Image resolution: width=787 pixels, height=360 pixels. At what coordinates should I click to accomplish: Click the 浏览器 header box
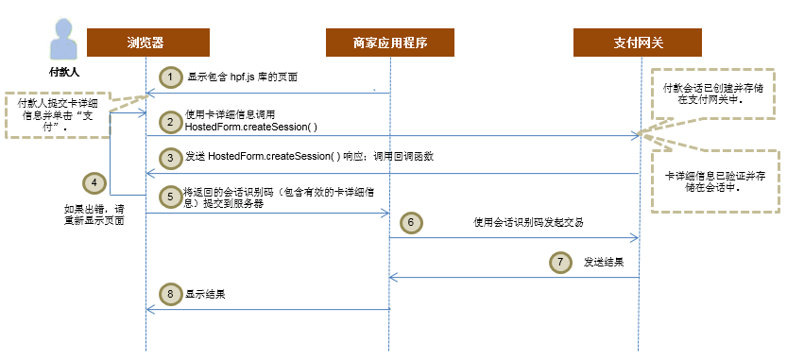click(x=145, y=43)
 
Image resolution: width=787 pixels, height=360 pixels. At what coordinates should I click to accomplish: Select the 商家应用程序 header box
click(x=390, y=43)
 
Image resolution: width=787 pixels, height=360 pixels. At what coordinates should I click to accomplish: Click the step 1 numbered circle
click(x=169, y=77)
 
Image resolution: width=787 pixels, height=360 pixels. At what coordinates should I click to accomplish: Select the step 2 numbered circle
click(x=169, y=121)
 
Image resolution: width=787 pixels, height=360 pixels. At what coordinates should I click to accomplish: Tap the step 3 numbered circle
click(x=169, y=157)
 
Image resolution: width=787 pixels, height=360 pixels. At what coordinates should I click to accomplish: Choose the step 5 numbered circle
click(x=169, y=197)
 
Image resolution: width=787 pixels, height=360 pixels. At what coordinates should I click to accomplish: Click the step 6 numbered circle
click(x=412, y=222)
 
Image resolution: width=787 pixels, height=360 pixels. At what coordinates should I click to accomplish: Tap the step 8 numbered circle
click(x=169, y=294)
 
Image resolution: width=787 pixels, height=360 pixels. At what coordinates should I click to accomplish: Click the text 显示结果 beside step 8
click(x=205, y=295)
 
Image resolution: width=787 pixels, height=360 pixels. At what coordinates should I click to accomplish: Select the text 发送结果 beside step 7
click(x=604, y=262)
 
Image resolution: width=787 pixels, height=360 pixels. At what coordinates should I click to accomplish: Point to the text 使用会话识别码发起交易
click(x=529, y=222)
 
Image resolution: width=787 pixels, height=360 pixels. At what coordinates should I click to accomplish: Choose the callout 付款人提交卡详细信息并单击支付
click(x=55, y=115)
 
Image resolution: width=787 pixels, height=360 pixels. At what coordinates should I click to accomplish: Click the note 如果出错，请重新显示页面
click(x=94, y=214)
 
